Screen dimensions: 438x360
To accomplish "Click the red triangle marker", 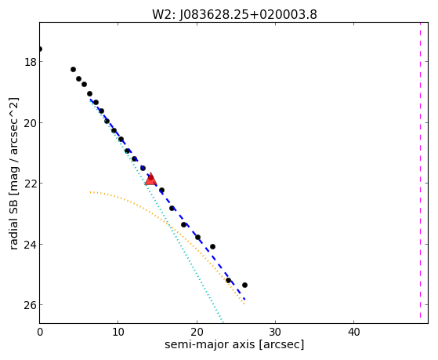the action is [x=151, y=180].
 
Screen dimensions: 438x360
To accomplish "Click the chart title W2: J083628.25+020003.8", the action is [x=234, y=14].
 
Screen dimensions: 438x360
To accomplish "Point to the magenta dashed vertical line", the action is [x=420, y=171].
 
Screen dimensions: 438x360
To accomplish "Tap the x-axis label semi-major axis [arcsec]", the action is [x=234, y=344].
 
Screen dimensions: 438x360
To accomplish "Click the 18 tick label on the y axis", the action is [x=31, y=62].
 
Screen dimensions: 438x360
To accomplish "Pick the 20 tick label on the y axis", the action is [x=31, y=123].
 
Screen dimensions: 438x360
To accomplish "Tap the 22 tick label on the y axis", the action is [x=31, y=184].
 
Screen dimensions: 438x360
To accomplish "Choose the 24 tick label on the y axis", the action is [x=31, y=245].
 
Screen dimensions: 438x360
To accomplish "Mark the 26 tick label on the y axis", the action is [x=31, y=305].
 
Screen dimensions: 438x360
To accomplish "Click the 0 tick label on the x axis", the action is [x=40, y=333].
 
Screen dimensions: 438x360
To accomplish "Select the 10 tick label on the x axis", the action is [x=118, y=333].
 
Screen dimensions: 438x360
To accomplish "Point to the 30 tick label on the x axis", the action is [x=276, y=333].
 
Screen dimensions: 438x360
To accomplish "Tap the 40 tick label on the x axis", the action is [x=354, y=333].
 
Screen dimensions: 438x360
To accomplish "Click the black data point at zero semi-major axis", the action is [x=40, y=49].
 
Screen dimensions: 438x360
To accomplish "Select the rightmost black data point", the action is [x=244, y=285].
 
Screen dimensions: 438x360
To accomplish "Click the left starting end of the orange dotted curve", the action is [x=90, y=192].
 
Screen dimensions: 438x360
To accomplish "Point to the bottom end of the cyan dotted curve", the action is [x=223, y=322].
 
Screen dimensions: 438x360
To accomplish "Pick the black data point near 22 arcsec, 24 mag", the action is [x=212, y=246].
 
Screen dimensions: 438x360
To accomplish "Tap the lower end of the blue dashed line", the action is [x=244, y=300].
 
